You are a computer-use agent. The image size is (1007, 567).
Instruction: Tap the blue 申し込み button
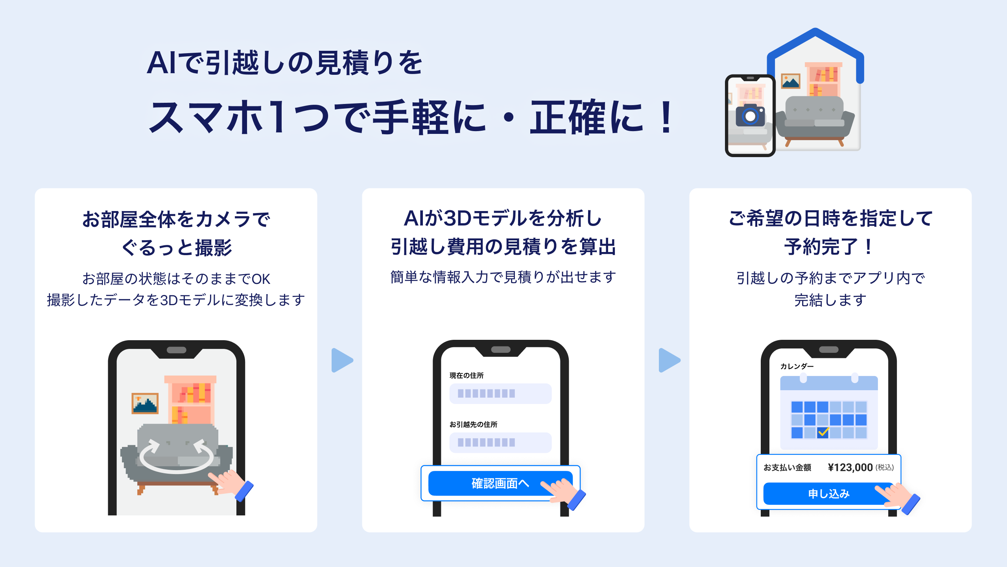coord(828,493)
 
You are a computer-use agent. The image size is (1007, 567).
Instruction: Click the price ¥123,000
coord(850,467)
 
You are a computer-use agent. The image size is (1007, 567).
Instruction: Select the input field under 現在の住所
coord(500,393)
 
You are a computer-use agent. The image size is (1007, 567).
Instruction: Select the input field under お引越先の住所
coord(500,443)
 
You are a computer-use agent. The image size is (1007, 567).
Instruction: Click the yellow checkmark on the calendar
coord(823,432)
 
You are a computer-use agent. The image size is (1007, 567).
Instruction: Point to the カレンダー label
coord(797,366)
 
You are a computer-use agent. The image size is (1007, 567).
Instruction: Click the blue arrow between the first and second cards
coord(342,360)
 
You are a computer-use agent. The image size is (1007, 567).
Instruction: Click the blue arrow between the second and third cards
coord(669,360)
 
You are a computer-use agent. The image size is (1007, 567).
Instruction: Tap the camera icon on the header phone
coord(750,116)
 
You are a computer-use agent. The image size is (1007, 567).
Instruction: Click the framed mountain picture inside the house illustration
coord(791,81)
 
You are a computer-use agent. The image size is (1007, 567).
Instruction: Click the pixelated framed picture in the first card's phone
coord(145,403)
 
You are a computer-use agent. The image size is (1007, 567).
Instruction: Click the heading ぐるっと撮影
coord(177,248)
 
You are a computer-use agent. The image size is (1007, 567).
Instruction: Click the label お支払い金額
coord(787,467)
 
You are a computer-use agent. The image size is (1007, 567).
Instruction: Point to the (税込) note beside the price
coord(884,467)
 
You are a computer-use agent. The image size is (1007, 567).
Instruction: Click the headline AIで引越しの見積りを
coord(284,63)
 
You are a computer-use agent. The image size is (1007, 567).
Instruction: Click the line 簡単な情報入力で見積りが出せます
coord(503,277)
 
